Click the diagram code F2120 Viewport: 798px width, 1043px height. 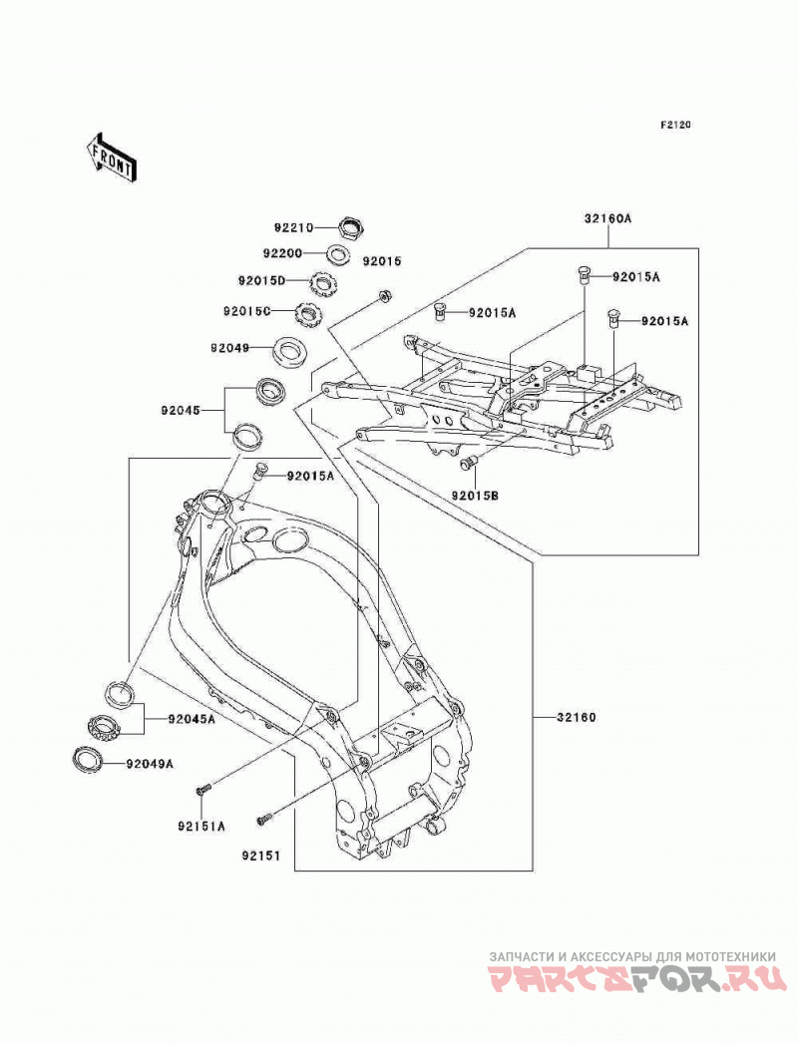click(675, 125)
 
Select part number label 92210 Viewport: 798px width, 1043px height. click(293, 227)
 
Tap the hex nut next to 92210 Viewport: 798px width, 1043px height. click(351, 228)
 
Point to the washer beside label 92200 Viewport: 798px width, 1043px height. click(339, 254)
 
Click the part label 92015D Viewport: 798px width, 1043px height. click(261, 280)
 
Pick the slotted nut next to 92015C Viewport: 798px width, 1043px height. click(308, 314)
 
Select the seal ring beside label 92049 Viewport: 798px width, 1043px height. click(291, 351)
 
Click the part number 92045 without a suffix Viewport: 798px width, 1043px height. click(180, 411)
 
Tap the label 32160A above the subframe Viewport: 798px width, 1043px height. click(608, 218)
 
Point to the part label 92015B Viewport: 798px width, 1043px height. click(475, 496)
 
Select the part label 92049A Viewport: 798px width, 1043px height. click(150, 764)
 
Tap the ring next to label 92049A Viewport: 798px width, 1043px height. click(87, 759)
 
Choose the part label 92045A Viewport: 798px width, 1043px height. click(192, 719)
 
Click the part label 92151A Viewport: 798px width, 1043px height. click(201, 827)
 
